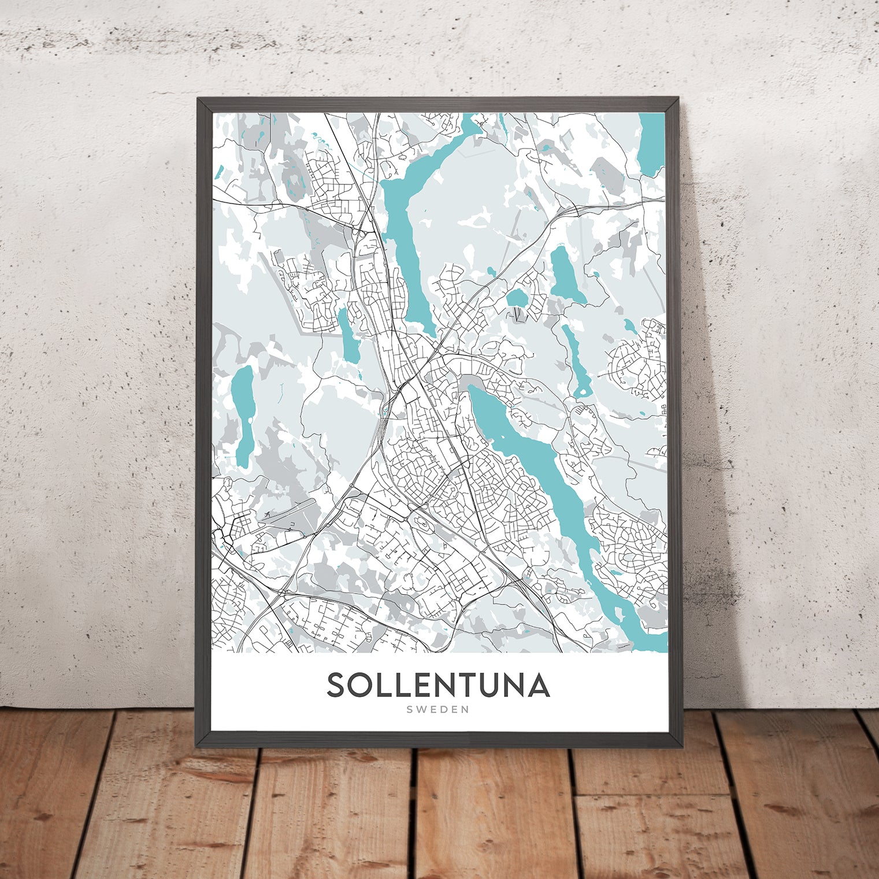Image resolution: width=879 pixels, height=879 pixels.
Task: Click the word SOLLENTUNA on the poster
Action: coord(438,685)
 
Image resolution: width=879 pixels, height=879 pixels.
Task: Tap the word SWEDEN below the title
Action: coord(437,710)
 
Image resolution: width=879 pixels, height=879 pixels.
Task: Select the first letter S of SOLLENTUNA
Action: coord(337,685)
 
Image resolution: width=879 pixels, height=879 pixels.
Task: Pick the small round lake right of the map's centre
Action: coord(515,298)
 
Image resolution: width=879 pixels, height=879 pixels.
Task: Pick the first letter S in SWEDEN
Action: coord(409,710)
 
